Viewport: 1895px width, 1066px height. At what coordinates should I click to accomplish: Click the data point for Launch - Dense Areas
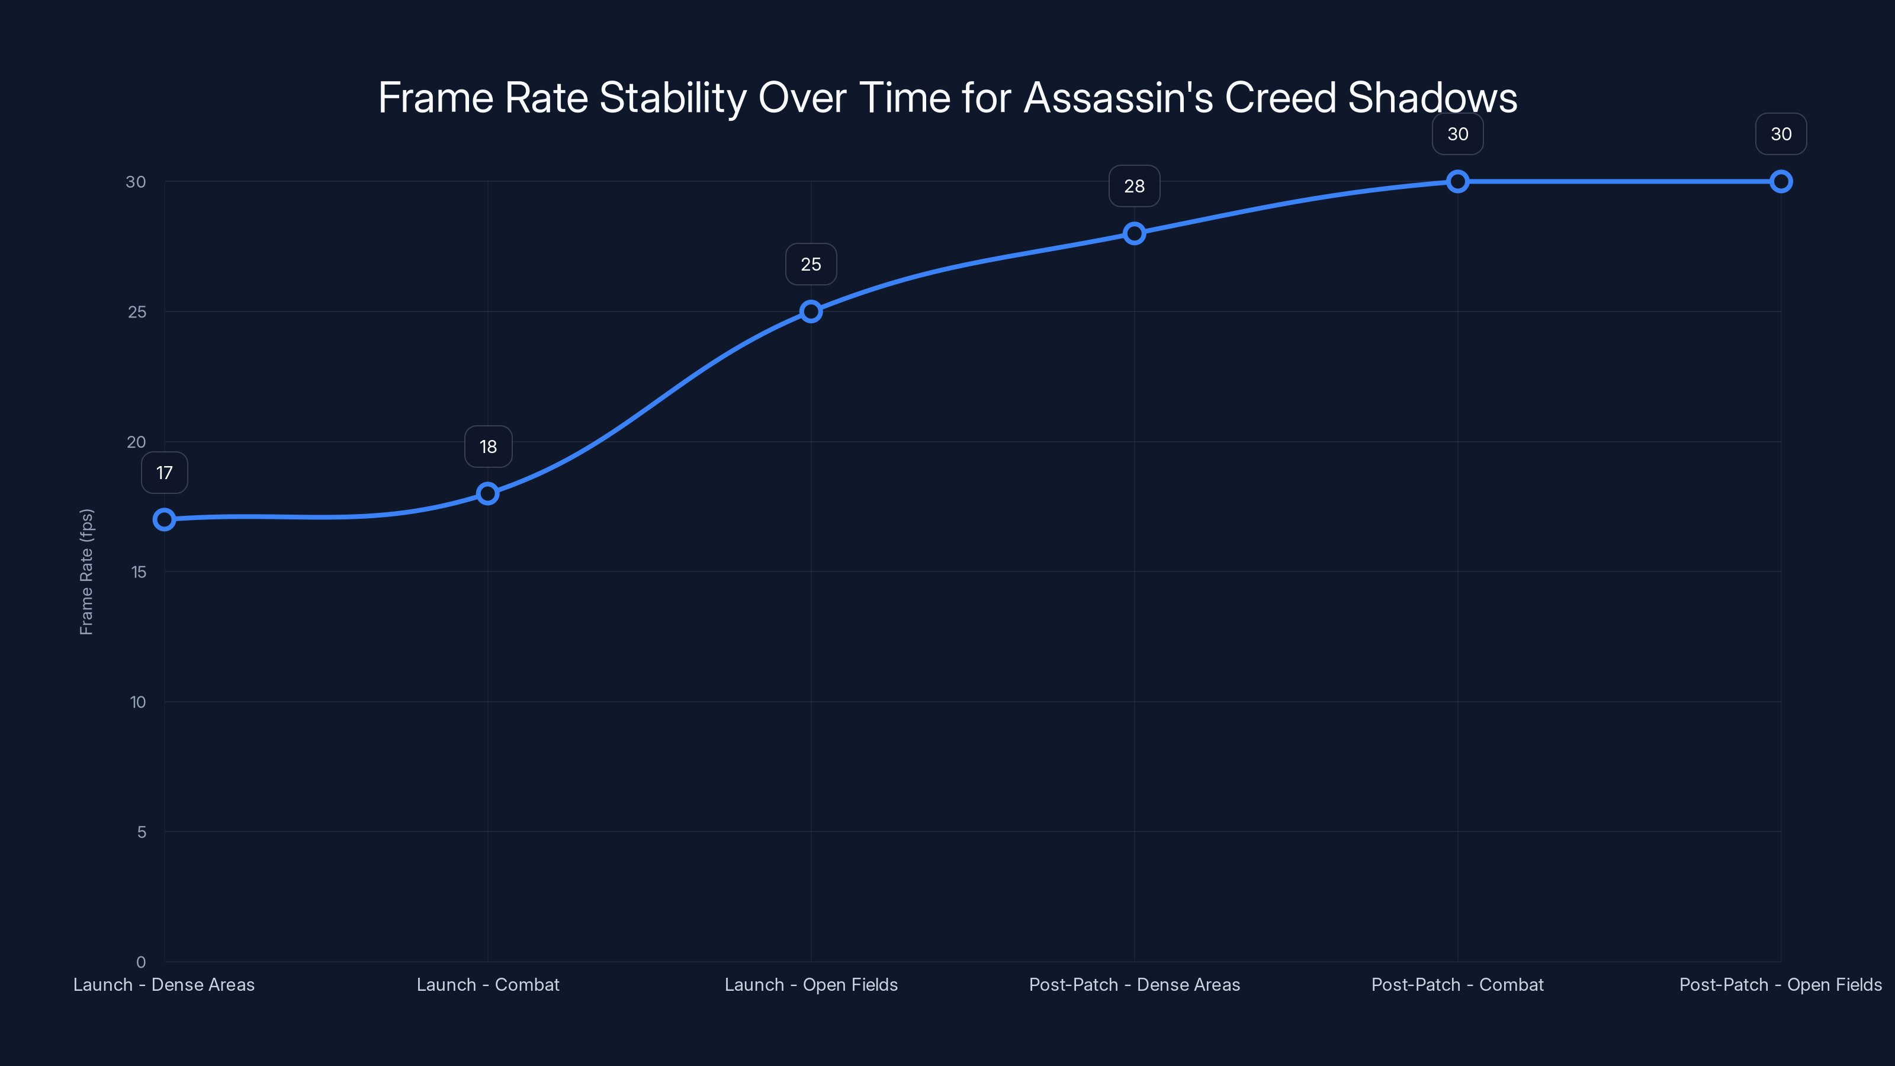164,519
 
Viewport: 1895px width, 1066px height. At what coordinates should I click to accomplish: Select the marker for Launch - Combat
488,494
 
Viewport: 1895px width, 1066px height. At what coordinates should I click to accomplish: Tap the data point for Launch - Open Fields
811,311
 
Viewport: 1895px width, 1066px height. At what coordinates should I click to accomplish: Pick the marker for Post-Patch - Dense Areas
1135,233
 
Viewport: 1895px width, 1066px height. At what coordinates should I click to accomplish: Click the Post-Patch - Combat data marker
1457,181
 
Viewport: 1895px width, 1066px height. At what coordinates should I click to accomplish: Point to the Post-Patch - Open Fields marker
1780,181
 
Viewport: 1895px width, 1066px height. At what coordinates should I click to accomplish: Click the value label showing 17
164,473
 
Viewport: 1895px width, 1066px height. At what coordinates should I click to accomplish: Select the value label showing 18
488,447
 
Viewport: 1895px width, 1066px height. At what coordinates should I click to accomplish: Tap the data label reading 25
811,264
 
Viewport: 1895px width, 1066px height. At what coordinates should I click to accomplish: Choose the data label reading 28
1135,186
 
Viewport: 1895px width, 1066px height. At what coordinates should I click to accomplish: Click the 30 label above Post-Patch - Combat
1457,134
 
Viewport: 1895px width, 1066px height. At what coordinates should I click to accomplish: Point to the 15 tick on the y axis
139,571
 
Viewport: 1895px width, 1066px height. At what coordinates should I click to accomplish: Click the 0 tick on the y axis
140,962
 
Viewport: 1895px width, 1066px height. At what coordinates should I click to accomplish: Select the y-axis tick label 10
137,702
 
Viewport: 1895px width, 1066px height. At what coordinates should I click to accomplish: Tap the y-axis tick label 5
142,832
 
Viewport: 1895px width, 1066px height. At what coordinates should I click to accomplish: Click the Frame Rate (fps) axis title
86,571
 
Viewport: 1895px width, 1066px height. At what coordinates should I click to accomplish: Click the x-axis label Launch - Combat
488,984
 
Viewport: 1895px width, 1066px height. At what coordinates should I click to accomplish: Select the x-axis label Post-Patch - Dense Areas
1135,984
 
